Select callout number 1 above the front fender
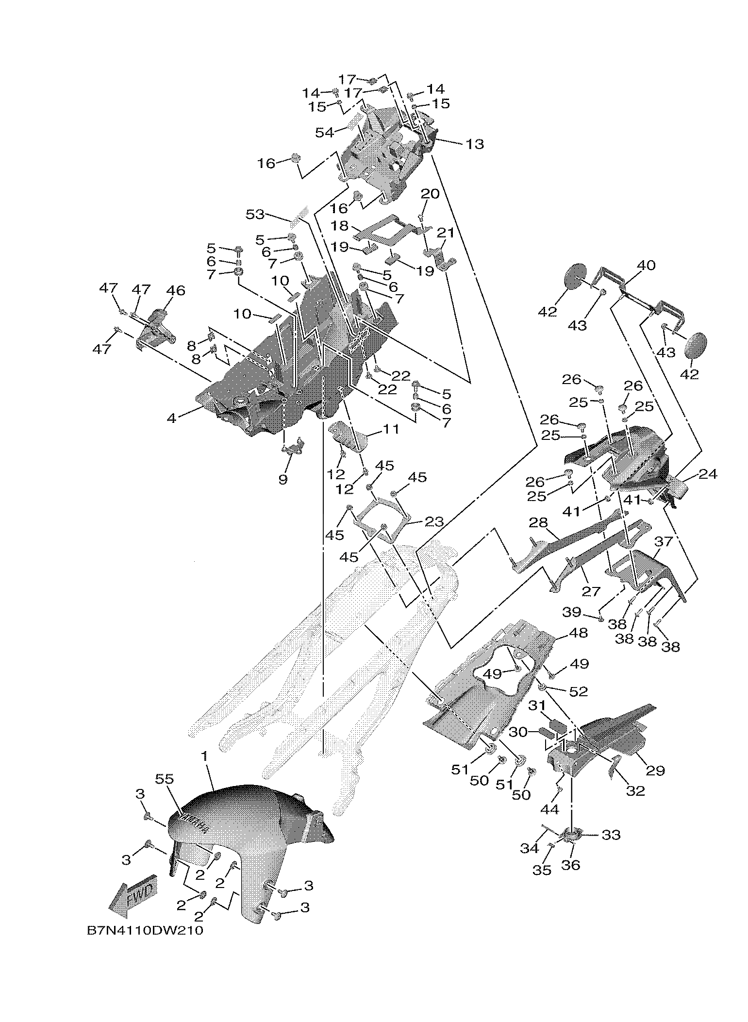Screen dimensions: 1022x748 click(x=205, y=770)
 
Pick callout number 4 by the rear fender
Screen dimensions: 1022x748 click(x=171, y=418)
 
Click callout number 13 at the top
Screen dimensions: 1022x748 click(x=475, y=144)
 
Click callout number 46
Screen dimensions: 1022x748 click(x=176, y=290)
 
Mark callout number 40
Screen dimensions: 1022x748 click(x=646, y=266)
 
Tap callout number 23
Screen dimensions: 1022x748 click(x=434, y=522)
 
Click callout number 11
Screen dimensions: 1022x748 click(x=391, y=429)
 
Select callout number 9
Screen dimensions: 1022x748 click(x=283, y=479)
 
